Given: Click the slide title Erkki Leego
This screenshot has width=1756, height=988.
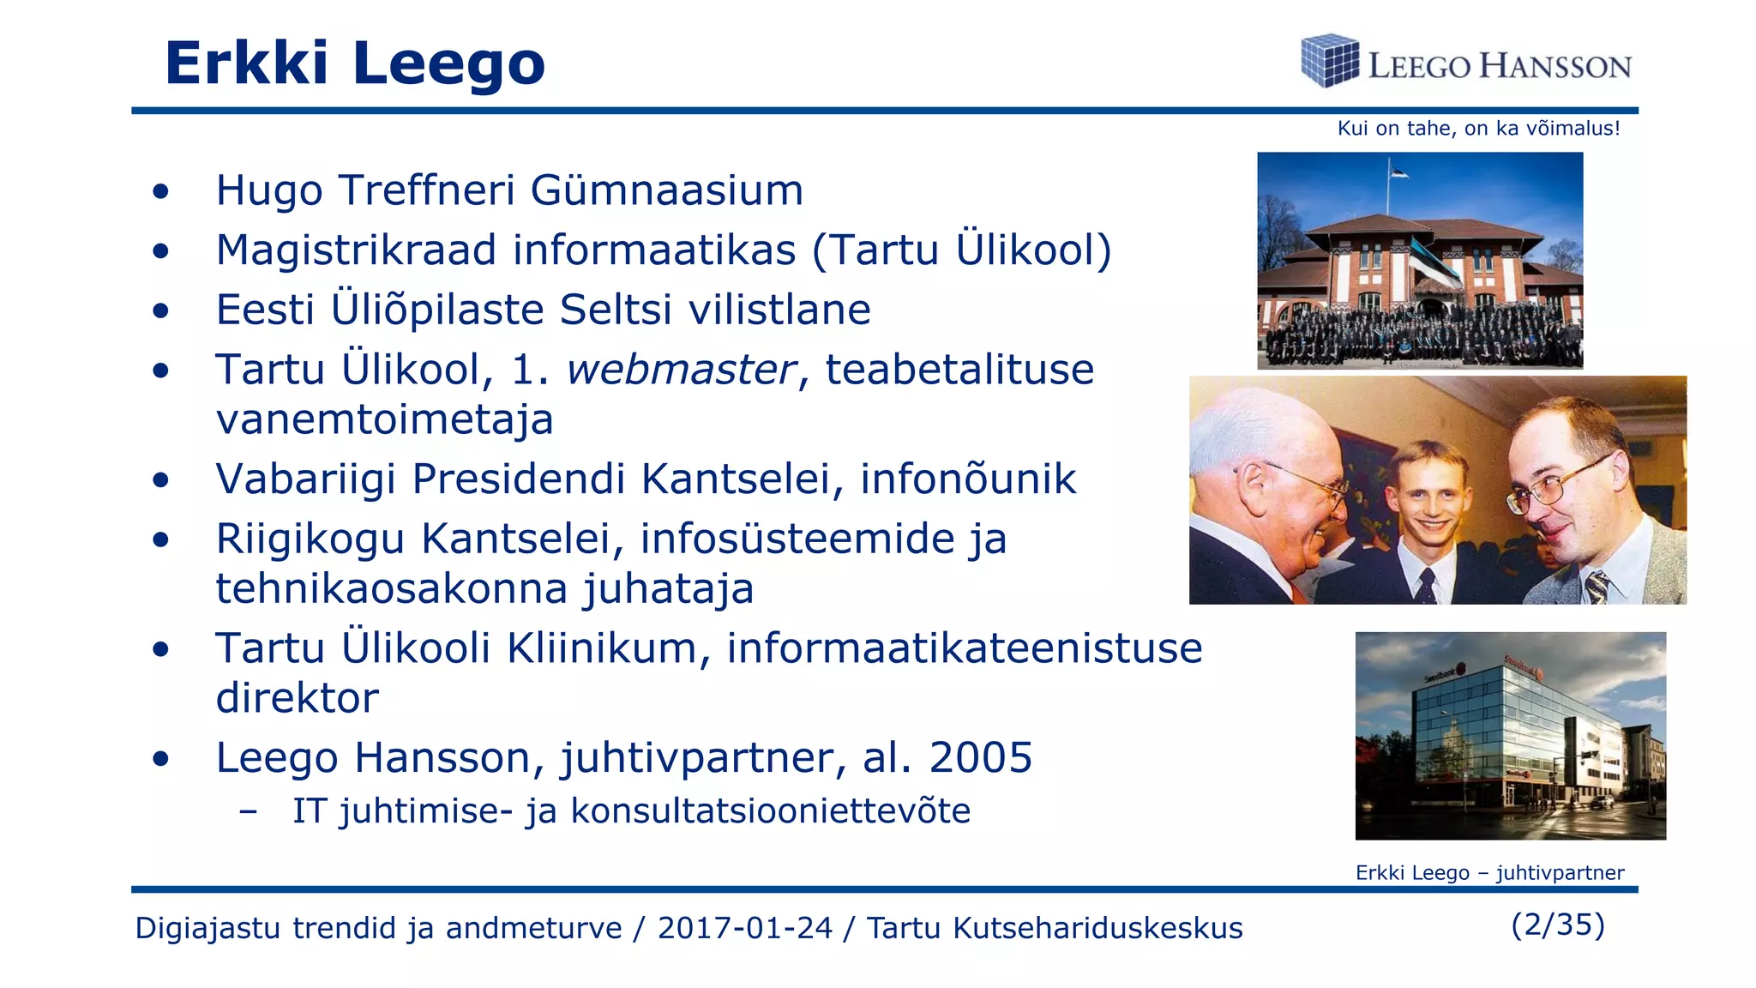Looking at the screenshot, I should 354,63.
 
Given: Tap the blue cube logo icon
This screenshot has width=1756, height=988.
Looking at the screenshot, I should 1329,61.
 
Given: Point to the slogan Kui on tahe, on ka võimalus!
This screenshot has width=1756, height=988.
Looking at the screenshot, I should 1478,129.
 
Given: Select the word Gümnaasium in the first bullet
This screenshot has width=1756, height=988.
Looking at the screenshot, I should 666,190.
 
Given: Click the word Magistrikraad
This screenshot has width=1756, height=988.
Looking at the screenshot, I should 357,250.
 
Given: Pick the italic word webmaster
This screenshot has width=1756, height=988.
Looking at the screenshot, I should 681,370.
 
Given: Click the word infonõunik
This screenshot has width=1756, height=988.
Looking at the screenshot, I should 968,479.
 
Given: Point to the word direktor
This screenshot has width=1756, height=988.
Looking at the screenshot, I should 297,698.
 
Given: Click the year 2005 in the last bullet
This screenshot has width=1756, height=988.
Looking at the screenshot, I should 980,757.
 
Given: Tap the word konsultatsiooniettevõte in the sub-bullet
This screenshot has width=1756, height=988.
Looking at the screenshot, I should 770,810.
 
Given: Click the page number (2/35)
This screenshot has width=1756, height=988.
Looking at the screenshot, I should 1557,925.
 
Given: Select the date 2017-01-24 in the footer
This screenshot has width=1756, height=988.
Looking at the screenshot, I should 744,928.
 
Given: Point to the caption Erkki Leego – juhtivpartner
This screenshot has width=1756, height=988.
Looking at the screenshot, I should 1489,873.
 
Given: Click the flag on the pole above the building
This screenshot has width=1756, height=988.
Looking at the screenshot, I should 1398,172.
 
